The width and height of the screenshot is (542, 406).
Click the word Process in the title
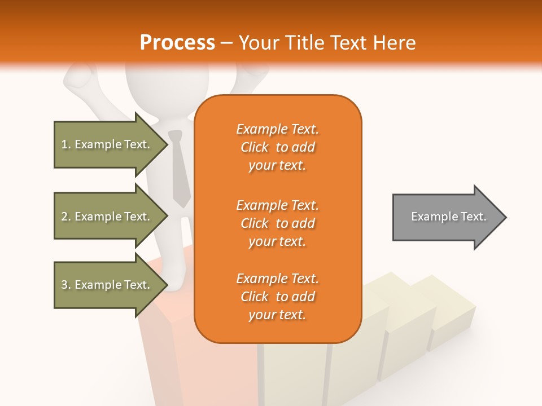(x=177, y=43)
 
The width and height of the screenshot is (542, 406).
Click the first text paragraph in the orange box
(x=277, y=147)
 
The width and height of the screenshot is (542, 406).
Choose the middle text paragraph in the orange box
(x=277, y=223)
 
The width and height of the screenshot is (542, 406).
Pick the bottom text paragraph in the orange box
(x=277, y=297)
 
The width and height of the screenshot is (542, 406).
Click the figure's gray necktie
(x=180, y=169)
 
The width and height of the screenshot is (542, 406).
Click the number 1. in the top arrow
(x=66, y=144)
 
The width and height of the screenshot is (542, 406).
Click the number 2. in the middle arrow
(x=66, y=217)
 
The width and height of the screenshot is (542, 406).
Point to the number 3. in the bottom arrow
(x=66, y=285)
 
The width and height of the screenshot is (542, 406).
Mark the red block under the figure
(x=164, y=350)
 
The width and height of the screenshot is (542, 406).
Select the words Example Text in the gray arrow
(x=448, y=217)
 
